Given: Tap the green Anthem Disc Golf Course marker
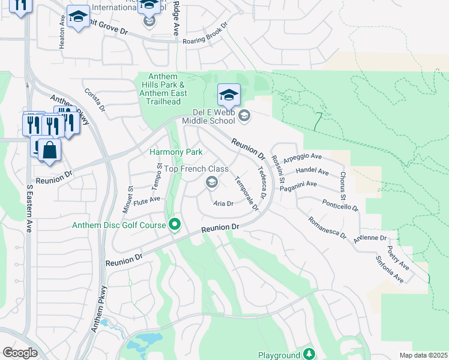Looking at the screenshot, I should tap(175, 225).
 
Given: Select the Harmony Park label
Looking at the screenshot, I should tap(176, 152).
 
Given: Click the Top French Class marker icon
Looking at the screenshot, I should tap(211, 182).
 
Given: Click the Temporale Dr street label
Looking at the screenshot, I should tap(247, 193).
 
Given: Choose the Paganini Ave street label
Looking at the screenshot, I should tap(298, 185).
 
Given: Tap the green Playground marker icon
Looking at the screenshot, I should tap(309, 354).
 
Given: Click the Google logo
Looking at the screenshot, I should tap(20, 353).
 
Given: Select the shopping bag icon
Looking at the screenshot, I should tap(50, 151).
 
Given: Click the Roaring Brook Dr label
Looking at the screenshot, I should tap(208, 33).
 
